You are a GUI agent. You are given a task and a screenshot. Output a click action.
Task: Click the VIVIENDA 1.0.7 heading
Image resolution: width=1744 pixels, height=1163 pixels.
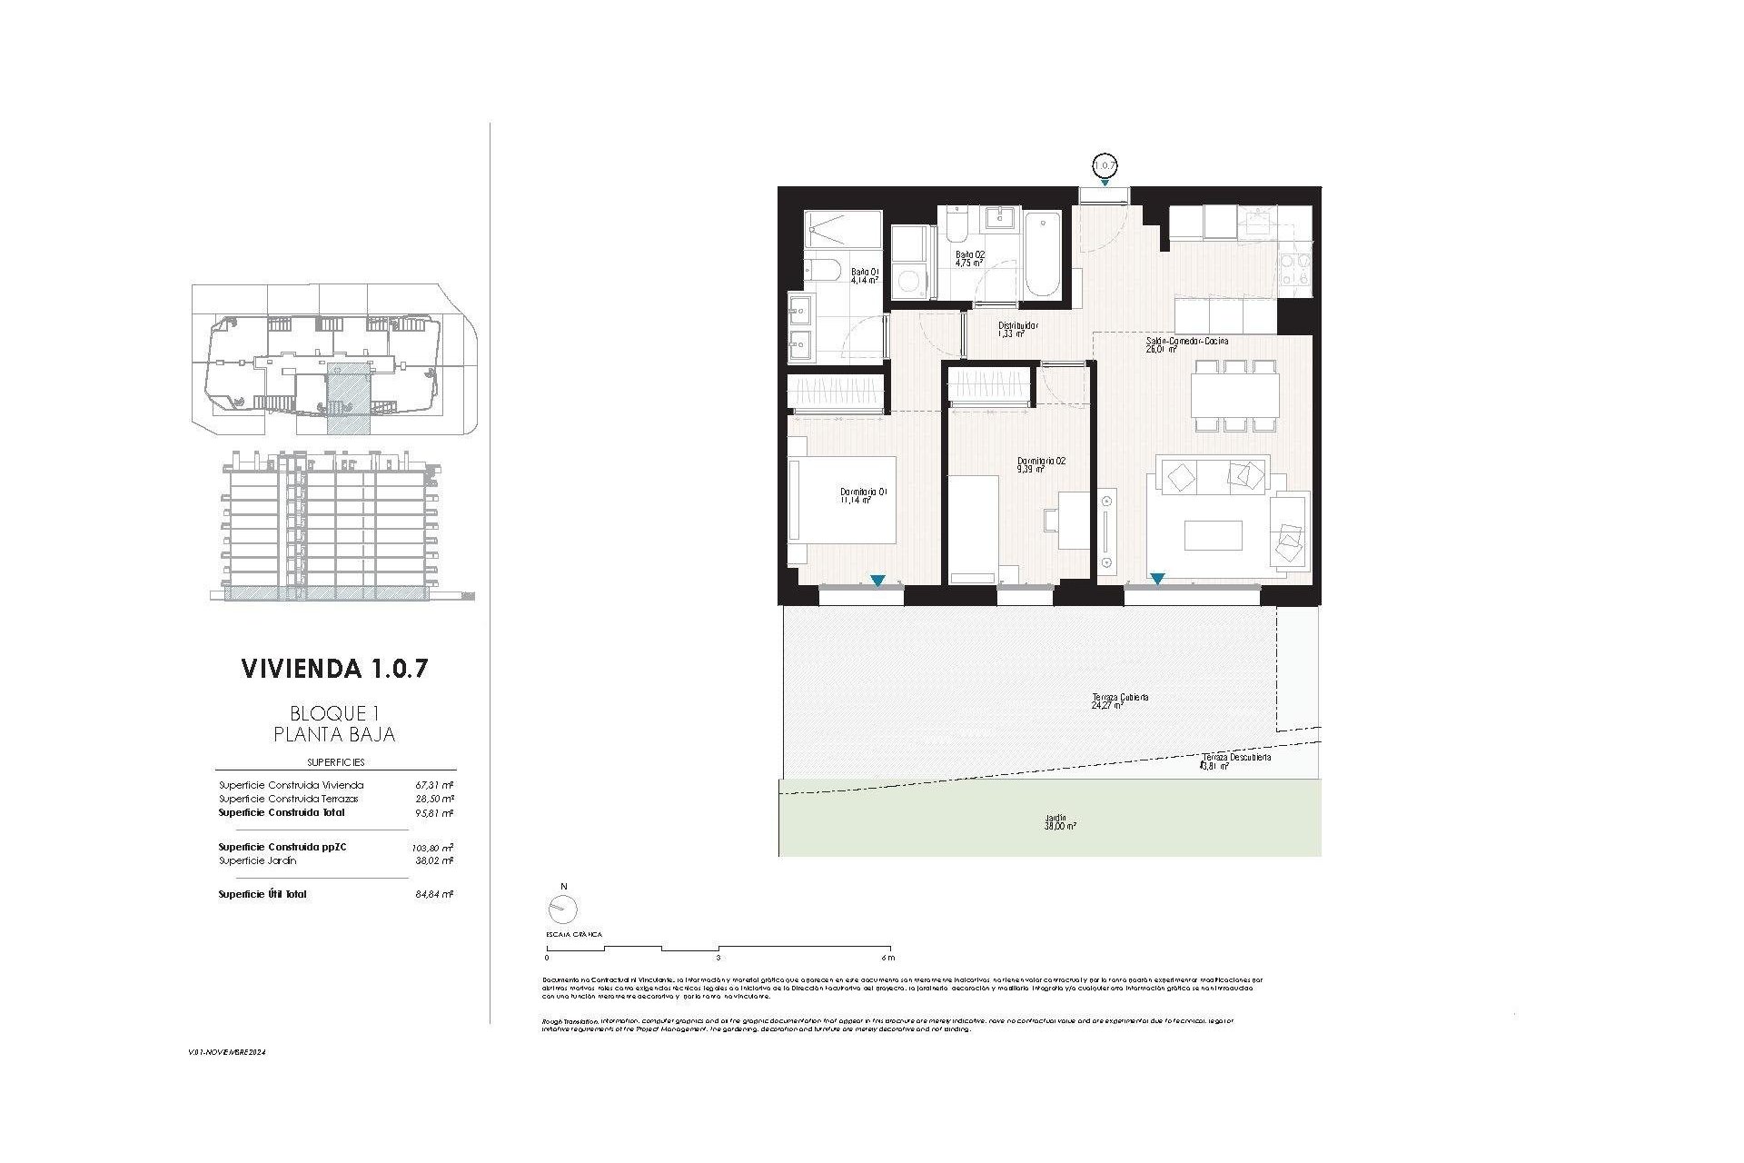(334, 670)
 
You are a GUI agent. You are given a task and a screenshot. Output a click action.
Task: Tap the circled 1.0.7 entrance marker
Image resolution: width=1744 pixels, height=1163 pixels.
(1104, 165)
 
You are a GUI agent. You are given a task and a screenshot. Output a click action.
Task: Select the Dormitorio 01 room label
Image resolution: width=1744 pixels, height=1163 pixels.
(863, 494)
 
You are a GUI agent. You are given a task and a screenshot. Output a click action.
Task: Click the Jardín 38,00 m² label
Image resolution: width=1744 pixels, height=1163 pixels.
(1060, 821)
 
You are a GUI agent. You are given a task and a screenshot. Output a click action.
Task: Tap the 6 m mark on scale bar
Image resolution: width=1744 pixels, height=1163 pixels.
(887, 957)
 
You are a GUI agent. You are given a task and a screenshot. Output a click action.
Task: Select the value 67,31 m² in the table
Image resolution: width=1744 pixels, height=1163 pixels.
(441, 785)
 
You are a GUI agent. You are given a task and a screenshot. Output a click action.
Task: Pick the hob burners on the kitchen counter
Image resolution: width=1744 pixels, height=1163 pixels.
(1294, 270)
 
